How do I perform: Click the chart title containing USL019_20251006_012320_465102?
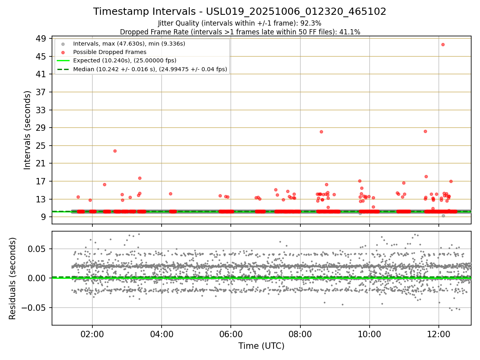(240, 12)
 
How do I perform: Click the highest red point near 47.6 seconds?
(443, 44)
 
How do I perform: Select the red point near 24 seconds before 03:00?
(115, 151)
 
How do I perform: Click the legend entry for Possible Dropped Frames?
(110, 52)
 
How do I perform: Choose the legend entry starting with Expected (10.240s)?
(124, 60)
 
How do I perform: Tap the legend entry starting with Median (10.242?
(150, 69)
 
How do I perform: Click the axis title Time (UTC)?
(261, 346)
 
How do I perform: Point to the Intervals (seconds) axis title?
(27, 130)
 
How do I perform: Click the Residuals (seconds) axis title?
(13, 278)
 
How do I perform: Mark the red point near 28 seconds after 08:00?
(321, 132)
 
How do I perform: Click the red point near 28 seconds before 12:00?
(425, 131)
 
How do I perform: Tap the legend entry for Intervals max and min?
(129, 43)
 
